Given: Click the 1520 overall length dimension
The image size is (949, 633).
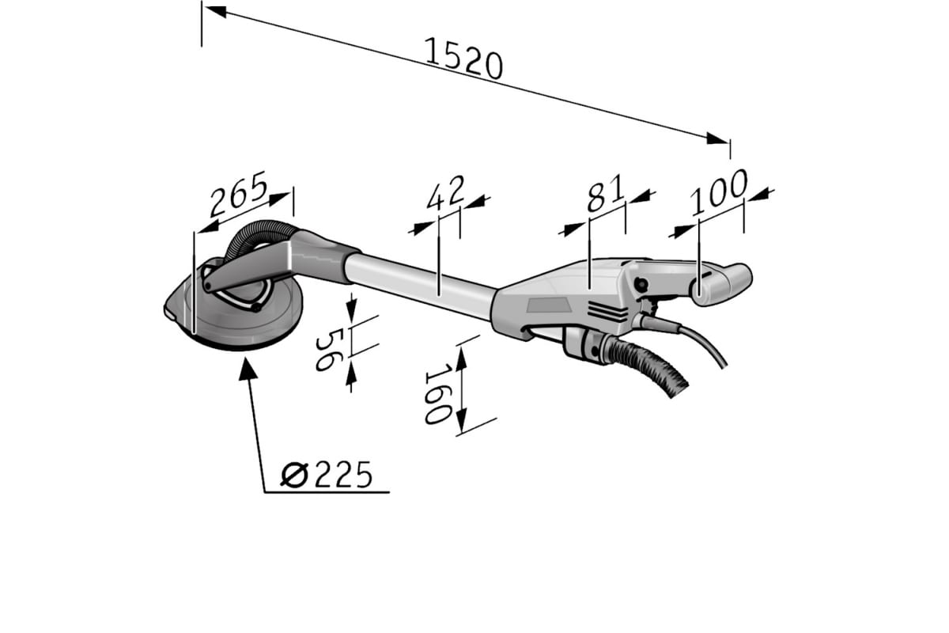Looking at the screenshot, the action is click(x=463, y=59).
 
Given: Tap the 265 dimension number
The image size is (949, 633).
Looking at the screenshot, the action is click(x=239, y=193).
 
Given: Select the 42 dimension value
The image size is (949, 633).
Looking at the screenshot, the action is click(x=446, y=193).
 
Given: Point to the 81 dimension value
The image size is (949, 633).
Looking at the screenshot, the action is click(x=606, y=193).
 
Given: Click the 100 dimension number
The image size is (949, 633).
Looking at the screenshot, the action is click(x=719, y=192).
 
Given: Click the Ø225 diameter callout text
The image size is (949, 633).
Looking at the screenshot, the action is click(x=326, y=475).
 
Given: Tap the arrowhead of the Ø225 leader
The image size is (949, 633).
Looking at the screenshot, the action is click(x=247, y=369).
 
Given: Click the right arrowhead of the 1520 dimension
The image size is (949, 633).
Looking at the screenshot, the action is click(x=718, y=138).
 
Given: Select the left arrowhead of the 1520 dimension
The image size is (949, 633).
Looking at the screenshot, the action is click(x=215, y=11).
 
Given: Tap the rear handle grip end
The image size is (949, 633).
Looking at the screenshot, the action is click(x=721, y=284).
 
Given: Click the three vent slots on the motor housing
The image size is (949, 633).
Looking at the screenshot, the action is click(x=607, y=313).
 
